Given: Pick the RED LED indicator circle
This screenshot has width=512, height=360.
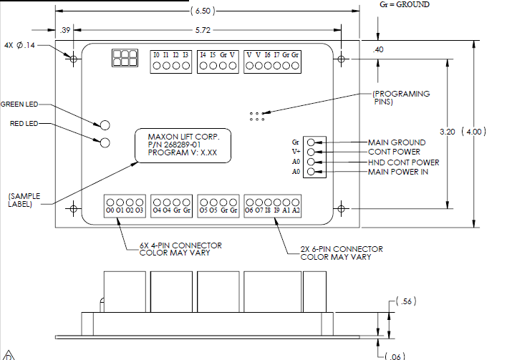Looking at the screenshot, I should coord(105,142).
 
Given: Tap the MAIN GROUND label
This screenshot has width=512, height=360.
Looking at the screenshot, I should coord(396,142).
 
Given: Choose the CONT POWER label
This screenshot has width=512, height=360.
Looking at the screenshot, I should coord(393,152).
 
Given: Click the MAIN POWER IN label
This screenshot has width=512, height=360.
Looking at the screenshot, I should coord(398,172).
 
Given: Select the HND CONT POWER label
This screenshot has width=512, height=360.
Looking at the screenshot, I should coord(403,162).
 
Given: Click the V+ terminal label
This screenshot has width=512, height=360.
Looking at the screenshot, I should coord(296,152).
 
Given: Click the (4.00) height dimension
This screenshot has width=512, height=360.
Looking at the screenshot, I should coord(473,132).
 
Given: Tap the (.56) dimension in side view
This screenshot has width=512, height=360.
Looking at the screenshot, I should coord(407,302).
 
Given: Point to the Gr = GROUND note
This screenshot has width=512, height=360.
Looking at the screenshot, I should coord(404,4).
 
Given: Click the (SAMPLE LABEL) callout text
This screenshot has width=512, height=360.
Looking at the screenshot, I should coord(24,199).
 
